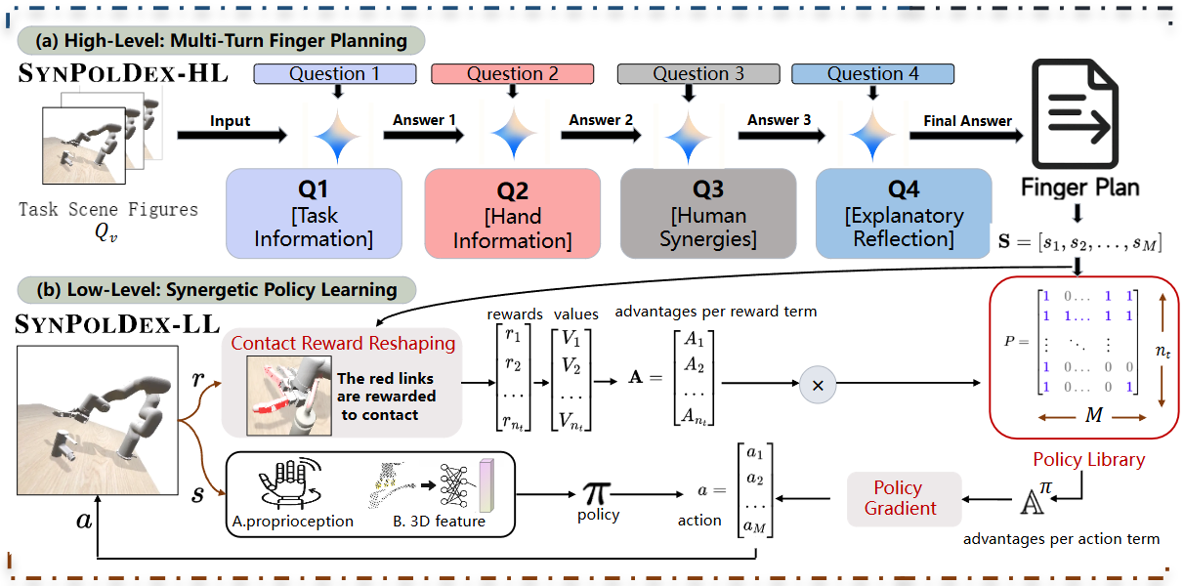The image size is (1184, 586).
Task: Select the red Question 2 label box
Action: pyautogui.click(x=512, y=74)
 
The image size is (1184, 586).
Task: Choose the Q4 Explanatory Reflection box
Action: pyautogui.click(x=903, y=214)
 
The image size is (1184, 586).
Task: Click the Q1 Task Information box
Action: pyautogui.click(x=314, y=214)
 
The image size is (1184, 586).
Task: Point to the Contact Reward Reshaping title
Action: pyautogui.click(x=343, y=343)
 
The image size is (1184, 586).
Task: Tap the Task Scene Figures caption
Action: pyautogui.click(x=107, y=209)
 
